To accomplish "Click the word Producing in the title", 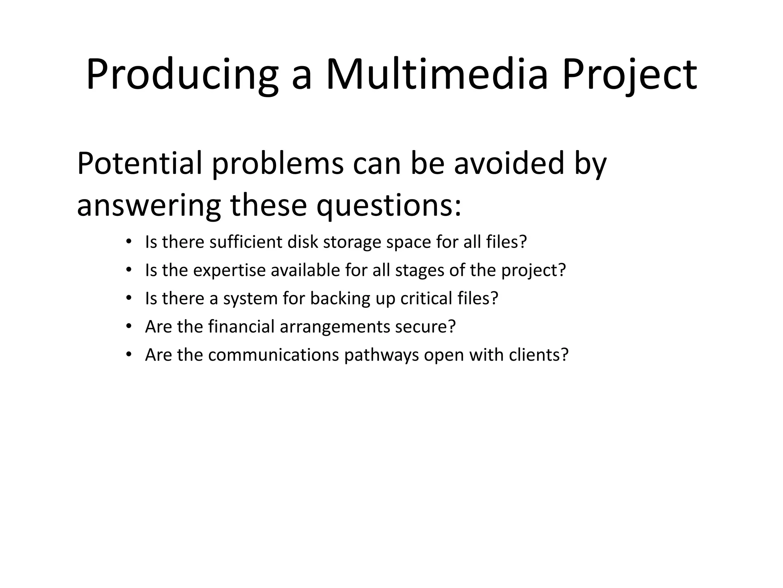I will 182,75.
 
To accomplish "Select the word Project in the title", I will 629,75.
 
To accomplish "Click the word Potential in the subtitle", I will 139,163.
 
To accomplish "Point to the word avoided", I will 509,163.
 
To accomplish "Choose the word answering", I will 148,206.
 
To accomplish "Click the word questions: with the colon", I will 389,206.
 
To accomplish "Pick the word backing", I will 340,299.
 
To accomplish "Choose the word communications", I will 274,355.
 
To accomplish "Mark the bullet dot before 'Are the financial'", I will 129,327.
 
